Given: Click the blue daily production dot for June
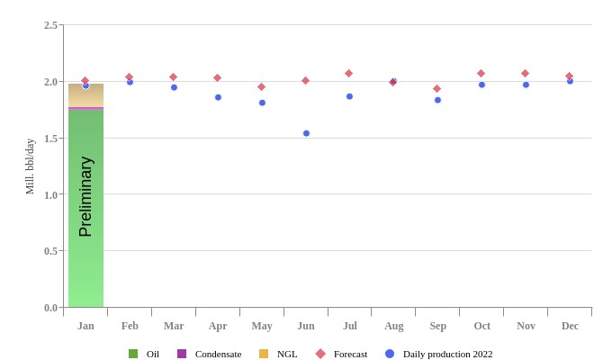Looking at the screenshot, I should coord(306,133).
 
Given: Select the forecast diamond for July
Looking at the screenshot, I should coord(349,74).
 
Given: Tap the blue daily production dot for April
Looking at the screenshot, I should coord(218,97).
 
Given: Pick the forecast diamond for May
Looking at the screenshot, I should coord(262,87).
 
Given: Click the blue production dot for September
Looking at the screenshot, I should coord(437,100).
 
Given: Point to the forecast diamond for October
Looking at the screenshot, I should coord(481,74).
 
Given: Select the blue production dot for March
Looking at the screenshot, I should coord(174,87).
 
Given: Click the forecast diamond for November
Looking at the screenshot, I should coord(526,74).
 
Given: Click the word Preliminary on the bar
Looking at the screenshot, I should coord(85,196).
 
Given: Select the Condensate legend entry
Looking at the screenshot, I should coord(218,354).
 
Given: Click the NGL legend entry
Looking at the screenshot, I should coord(286,354).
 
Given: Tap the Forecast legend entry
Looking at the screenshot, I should coord(350,354).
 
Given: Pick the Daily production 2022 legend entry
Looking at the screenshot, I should coord(447,354).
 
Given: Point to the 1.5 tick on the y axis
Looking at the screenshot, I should coord(51,138).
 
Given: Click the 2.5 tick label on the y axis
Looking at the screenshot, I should coord(51,25).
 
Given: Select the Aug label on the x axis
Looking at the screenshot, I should coord(393,326).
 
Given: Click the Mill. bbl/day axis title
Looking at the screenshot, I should coord(30,166).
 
